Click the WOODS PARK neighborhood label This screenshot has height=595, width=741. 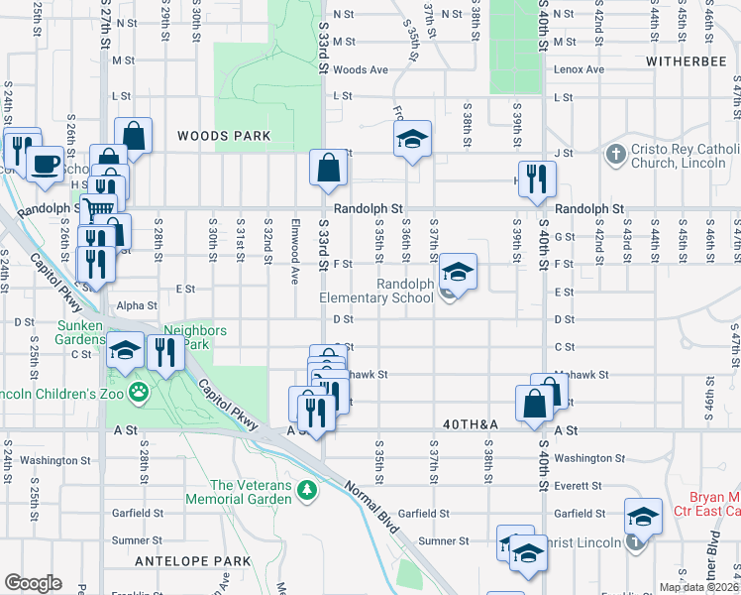click(217, 135)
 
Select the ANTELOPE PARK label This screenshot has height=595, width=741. click(193, 561)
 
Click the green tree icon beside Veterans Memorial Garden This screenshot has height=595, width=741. click(308, 489)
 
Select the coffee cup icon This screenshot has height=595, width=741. click(46, 164)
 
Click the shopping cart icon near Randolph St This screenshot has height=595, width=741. click(97, 210)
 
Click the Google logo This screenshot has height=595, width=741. click(33, 583)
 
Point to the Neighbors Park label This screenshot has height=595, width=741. click(195, 337)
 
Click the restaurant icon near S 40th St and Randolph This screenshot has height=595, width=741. click(536, 178)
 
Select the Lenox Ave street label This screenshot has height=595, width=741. click(580, 69)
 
